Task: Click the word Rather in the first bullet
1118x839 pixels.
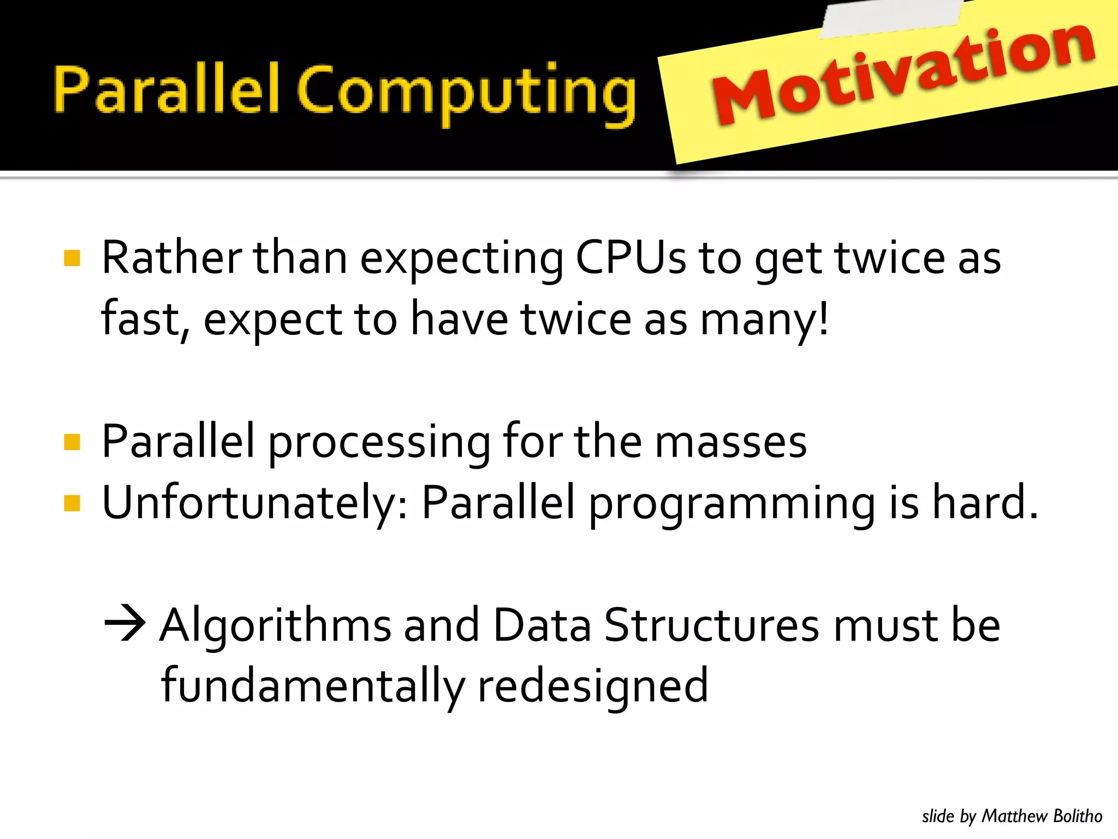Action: pyautogui.click(x=171, y=258)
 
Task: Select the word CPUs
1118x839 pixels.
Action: pyautogui.click(x=631, y=258)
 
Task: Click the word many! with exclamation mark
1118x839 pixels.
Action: pyautogui.click(x=764, y=320)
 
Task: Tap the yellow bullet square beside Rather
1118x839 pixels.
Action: pyautogui.click(x=72, y=258)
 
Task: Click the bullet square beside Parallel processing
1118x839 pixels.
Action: pyautogui.click(x=72, y=441)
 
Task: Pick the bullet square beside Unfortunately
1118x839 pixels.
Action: pyautogui.click(x=72, y=503)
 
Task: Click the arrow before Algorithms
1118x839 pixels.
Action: pyautogui.click(x=125, y=623)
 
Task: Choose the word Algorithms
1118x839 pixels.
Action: pyautogui.click(x=276, y=625)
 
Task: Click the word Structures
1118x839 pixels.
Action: pyautogui.click(x=711, y=625)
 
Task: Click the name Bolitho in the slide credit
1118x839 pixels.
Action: pyautogui.click(x=1078, y=816)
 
